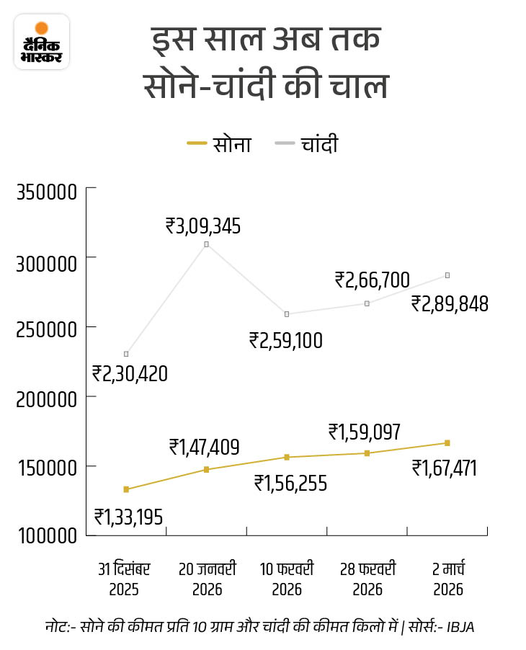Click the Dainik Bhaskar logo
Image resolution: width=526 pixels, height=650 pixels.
[x=42, y=42]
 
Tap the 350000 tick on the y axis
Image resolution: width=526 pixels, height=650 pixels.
[x=45, y=194]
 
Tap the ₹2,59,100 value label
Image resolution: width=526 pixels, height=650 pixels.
[x=285, y=339]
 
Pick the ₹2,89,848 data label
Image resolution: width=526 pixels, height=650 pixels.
[x=450, y=303]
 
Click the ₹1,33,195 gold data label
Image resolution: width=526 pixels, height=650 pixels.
[x=130, y=517]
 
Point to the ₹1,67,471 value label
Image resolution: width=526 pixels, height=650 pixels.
[x=445, y=468]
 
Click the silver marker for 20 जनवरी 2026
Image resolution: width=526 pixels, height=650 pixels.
[x=206, y=244]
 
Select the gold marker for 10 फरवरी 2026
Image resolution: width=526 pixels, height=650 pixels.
[x=287, y=457]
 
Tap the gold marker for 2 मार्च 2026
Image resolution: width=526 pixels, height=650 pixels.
[x=447, y=442]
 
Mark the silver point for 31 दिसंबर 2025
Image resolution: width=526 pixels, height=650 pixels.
[x=126, y=354]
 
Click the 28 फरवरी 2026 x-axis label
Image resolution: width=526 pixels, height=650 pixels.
[x=367, y=579]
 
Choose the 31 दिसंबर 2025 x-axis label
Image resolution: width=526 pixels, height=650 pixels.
[x=125, y=579]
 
